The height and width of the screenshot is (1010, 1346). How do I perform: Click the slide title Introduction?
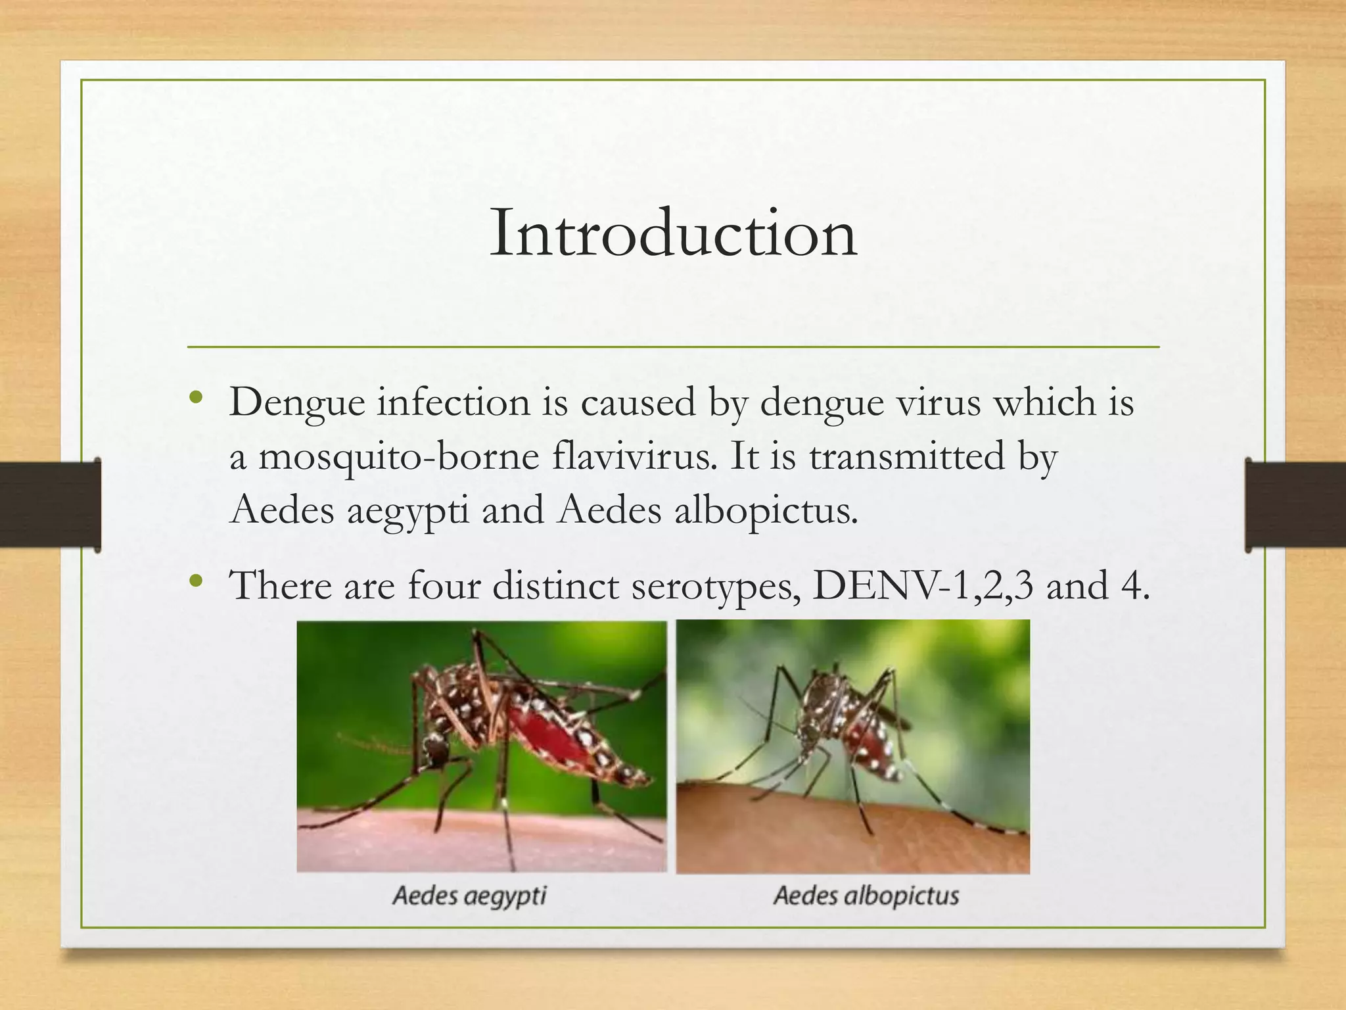point(673,233)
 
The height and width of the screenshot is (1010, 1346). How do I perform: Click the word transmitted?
point(907,456)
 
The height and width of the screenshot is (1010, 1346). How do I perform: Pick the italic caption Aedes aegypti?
point(469,896)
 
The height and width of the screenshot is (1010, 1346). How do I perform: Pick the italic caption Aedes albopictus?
point(866,896)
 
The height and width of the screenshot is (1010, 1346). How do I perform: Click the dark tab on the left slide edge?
point(50,504)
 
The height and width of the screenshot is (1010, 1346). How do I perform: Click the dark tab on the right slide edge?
point(1295,504)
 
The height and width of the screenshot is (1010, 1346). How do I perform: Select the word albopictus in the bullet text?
point(766,510)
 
